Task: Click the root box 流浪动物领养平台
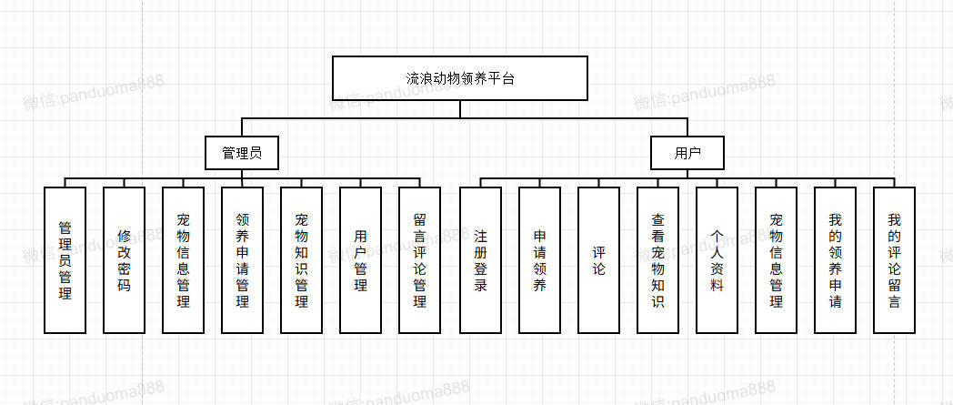pos(459,78)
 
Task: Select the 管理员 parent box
pos(241,153)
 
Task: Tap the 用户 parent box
pos(687,153)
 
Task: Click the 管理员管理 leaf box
pos(65,259)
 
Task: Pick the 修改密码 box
pos(124,259)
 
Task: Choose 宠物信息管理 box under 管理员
pos(183,259)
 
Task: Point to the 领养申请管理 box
pos(242,259)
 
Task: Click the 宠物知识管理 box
pos(301,259)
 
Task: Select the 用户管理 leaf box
pos(360,259)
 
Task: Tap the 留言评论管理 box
pos(419,259)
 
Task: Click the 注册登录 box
pos(480,259)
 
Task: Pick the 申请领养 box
pos(539,259)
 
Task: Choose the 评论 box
pos(598,259)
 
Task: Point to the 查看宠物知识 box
pos(657,259)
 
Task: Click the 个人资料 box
pos(717,259)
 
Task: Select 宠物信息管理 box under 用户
pos(776,259)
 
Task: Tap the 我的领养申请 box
pos(835,259)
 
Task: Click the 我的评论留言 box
pos(894,259)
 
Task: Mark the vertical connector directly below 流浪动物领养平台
pos(459,108)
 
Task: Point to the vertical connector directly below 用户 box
pos(687,174)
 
